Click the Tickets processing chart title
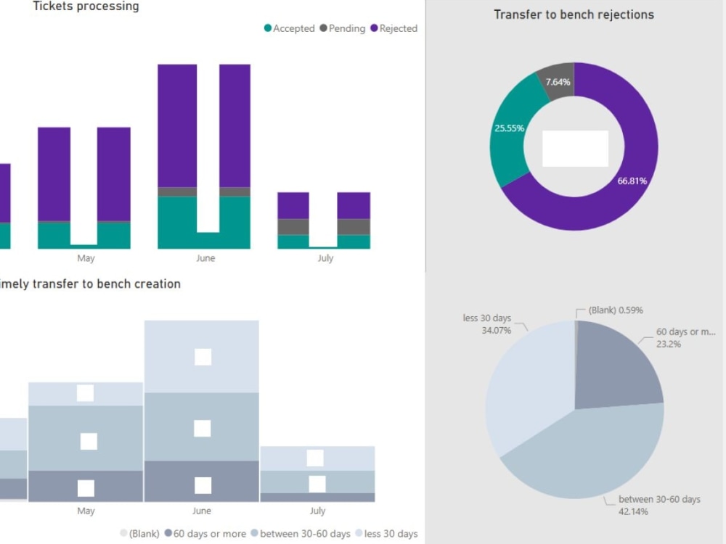point(86,7)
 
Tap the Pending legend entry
point(345,28)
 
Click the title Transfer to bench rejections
point(574,15)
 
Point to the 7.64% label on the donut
point(558,82)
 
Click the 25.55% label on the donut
point(509,128)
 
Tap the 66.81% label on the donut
point(632,181)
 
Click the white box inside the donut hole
point(575,148)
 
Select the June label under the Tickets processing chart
point(205,258)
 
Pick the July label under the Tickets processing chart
point(325,258)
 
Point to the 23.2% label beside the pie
point(668,344)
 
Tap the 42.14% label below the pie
point(633,511)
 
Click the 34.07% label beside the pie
point(497,330)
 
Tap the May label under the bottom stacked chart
point(86,511)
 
